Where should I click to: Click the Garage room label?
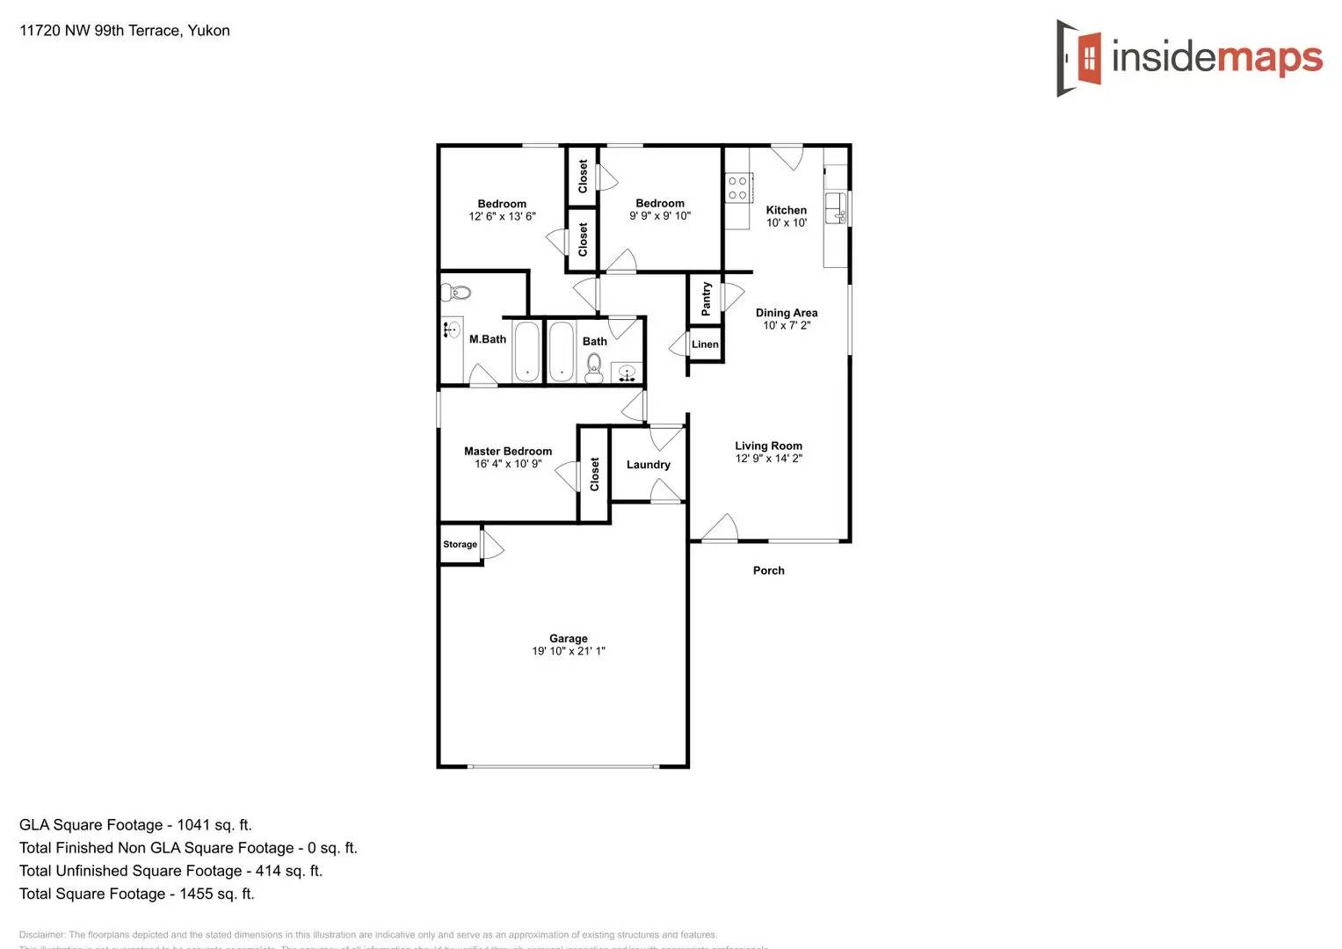tap(568, 639)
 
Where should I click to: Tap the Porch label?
tap(768, 570)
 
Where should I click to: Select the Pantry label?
tap(706, 299)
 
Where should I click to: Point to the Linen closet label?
tap(705, 344)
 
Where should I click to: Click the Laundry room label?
tap(648, 465)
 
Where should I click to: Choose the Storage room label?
tap(460, 545)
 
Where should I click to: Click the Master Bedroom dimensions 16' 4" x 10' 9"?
tap(508, 464)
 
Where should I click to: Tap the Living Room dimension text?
tap(768, 459)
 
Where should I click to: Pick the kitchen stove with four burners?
tap(736, 188)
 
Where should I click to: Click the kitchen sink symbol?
tap(836, 208)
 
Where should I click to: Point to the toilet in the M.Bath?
tap(456, 293)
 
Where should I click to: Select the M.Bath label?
tap(487, 339)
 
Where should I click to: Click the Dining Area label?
tap(786, 313)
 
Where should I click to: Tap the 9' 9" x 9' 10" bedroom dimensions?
tap(659, 216)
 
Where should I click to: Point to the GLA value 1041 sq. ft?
tap(214, 825)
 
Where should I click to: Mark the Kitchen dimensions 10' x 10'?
tap(786, 223)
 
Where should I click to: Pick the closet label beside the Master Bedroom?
tap(595, 474)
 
